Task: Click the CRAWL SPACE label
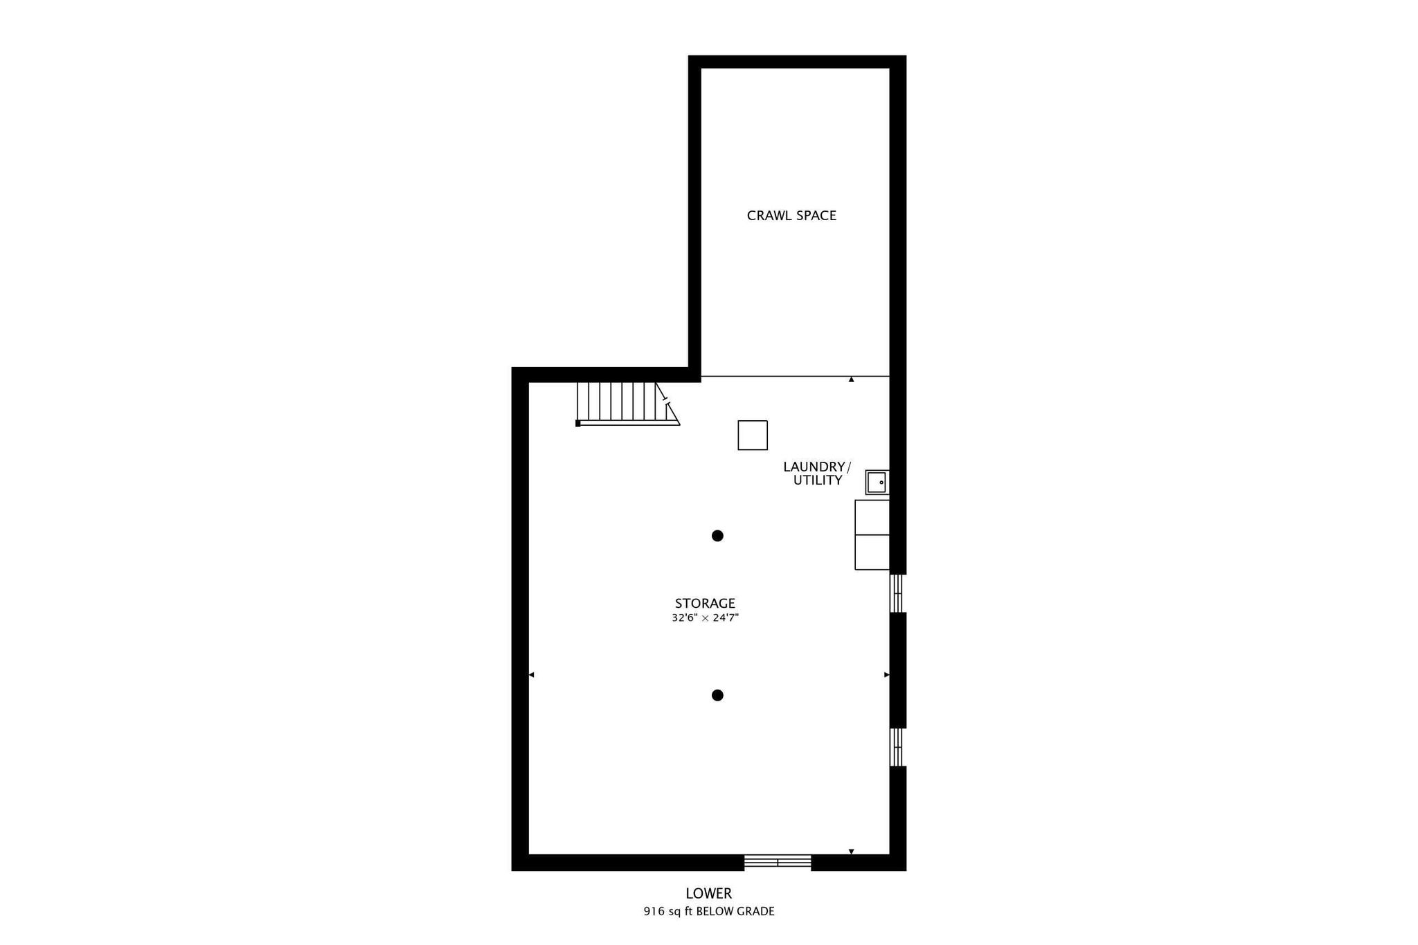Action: (791, 215)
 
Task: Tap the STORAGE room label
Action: (705, 604)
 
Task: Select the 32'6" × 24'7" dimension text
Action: (705, 618)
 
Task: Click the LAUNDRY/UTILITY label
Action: (817, 474)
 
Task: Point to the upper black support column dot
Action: (717, 536)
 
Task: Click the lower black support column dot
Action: (717, 695)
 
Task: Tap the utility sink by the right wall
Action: (877, 482)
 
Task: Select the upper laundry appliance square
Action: (872, 517)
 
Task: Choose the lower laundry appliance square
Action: (872, 552)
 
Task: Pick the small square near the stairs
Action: (753, 435)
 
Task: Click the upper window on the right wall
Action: (897, 593)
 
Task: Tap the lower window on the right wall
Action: (897, 747)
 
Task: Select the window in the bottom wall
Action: (778, 862)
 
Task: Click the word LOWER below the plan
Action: (709, 894)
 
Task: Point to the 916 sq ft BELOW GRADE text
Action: (709, 912)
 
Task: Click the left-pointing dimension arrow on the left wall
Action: (531, 675)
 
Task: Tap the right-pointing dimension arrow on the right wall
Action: (887, 675)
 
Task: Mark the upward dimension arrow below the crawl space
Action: (852, 379)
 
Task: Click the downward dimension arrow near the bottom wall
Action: (852, 852)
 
